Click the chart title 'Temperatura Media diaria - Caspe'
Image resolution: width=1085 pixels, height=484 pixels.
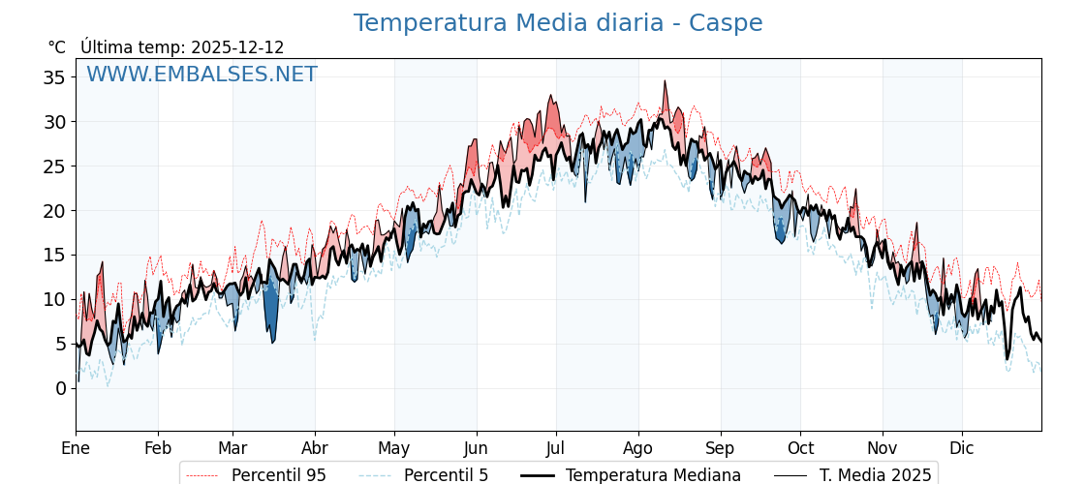coord(557,23)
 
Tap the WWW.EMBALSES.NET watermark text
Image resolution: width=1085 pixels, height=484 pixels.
coord(201,75)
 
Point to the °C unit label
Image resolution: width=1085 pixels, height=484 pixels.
coord(57,47)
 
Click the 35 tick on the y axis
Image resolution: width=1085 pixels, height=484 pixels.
coord(56,77)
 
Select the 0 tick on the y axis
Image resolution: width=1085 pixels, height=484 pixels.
coord(62,388)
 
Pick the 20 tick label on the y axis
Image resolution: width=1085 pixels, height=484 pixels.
coord(56,210)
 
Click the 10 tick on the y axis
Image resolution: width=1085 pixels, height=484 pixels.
coord(56,299)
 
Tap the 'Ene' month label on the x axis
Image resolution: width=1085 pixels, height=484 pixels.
coord(76,448)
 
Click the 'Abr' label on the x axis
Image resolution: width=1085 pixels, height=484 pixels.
coord(315,448)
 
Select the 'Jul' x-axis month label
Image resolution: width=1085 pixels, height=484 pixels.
coord(556,448)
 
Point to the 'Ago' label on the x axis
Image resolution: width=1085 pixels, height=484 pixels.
coord(638,448)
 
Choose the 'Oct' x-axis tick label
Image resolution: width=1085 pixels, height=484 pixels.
coord(800,448)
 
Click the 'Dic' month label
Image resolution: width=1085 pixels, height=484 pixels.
coord(962,448)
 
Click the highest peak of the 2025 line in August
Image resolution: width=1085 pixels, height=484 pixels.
coord(665,81)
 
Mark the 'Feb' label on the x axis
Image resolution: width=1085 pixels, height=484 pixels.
coord(158,448)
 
